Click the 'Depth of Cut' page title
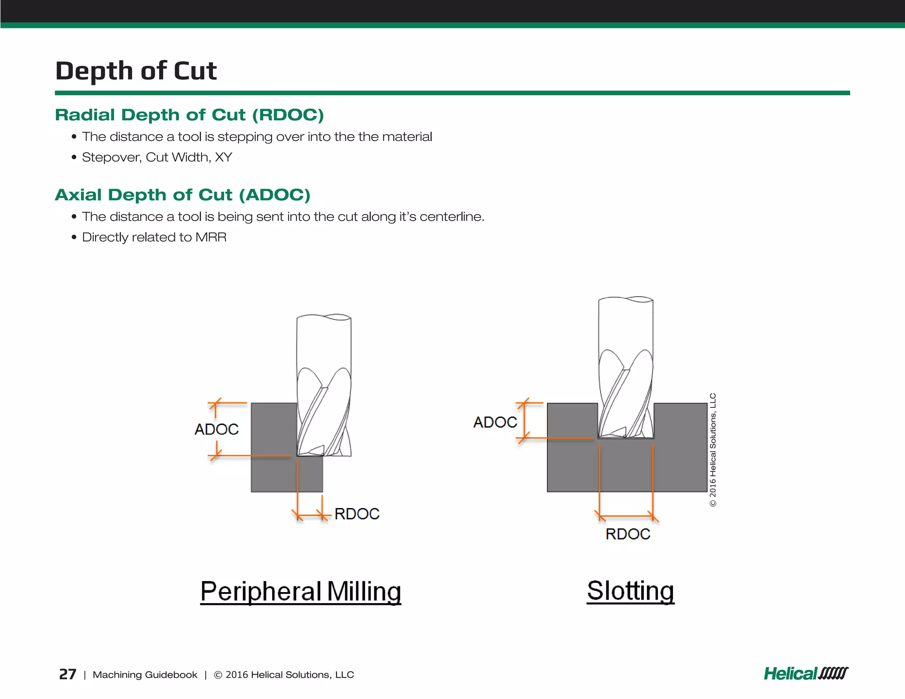[x=136, y=71]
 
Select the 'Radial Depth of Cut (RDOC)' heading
[x=189, y=115]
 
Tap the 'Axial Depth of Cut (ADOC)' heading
[x=183, y=195]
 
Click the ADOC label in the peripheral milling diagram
[x=217, y=429]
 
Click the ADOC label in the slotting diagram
[x=495, y=422]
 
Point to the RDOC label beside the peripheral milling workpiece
[x=357, y=514]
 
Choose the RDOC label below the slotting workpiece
[x=627, y=534]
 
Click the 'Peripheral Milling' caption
[x=300, y=591]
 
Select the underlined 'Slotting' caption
[x=631, y=590]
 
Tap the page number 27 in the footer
[x=68, y=674]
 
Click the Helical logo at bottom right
[x=806, y=674]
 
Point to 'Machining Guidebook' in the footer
[x=145, y=675]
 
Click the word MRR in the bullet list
[x=211, y=237]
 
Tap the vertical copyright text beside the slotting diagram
[x=713, y=450]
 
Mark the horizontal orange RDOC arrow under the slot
[x=626, y=516]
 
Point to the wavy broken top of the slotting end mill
[x=626, y=300]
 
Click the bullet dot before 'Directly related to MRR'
[x=74, y=237]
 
